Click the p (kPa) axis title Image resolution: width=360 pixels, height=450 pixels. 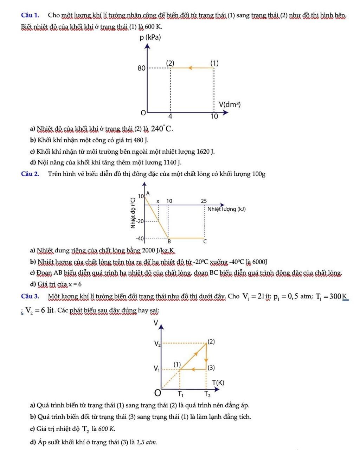click(150, 37)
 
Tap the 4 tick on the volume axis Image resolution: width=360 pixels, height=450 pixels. click(170, 116)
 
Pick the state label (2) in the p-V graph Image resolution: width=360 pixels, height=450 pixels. click(170, 63)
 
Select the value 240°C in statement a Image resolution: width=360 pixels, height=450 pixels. click(162, 129)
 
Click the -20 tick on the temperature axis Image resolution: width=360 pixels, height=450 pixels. click(140, 221)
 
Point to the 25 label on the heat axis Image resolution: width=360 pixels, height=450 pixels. click(204, 201)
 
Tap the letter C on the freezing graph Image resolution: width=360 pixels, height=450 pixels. click(205, 242)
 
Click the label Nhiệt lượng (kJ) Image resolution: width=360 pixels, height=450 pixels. click(226, 209)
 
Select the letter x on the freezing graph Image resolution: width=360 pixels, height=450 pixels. click(158, 201)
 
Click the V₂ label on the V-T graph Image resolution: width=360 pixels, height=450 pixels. click(157, 343)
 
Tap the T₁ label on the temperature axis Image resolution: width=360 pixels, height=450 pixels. click(180, 394)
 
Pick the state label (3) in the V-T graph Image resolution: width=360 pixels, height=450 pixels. click(211, 368)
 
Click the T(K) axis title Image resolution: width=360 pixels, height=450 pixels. click(218, 382)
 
